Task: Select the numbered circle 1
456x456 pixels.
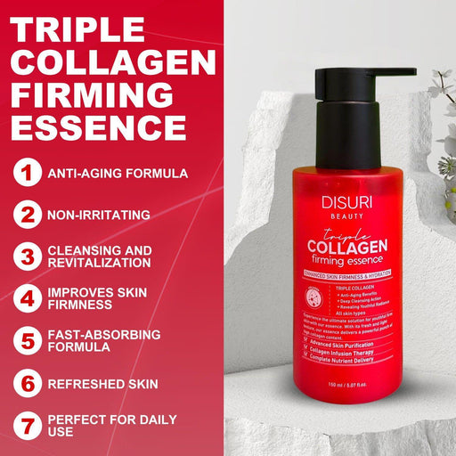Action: point(29,173)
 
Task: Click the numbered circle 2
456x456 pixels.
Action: point(29,215)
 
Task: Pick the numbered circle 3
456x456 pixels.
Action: point(29,256)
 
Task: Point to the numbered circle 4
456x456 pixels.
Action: point(29,298)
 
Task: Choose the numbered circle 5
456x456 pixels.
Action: point(29,341)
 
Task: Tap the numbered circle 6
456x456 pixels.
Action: point(29,384)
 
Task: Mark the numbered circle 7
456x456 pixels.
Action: point(29,426)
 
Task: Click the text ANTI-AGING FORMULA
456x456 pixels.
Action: point(118,174)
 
